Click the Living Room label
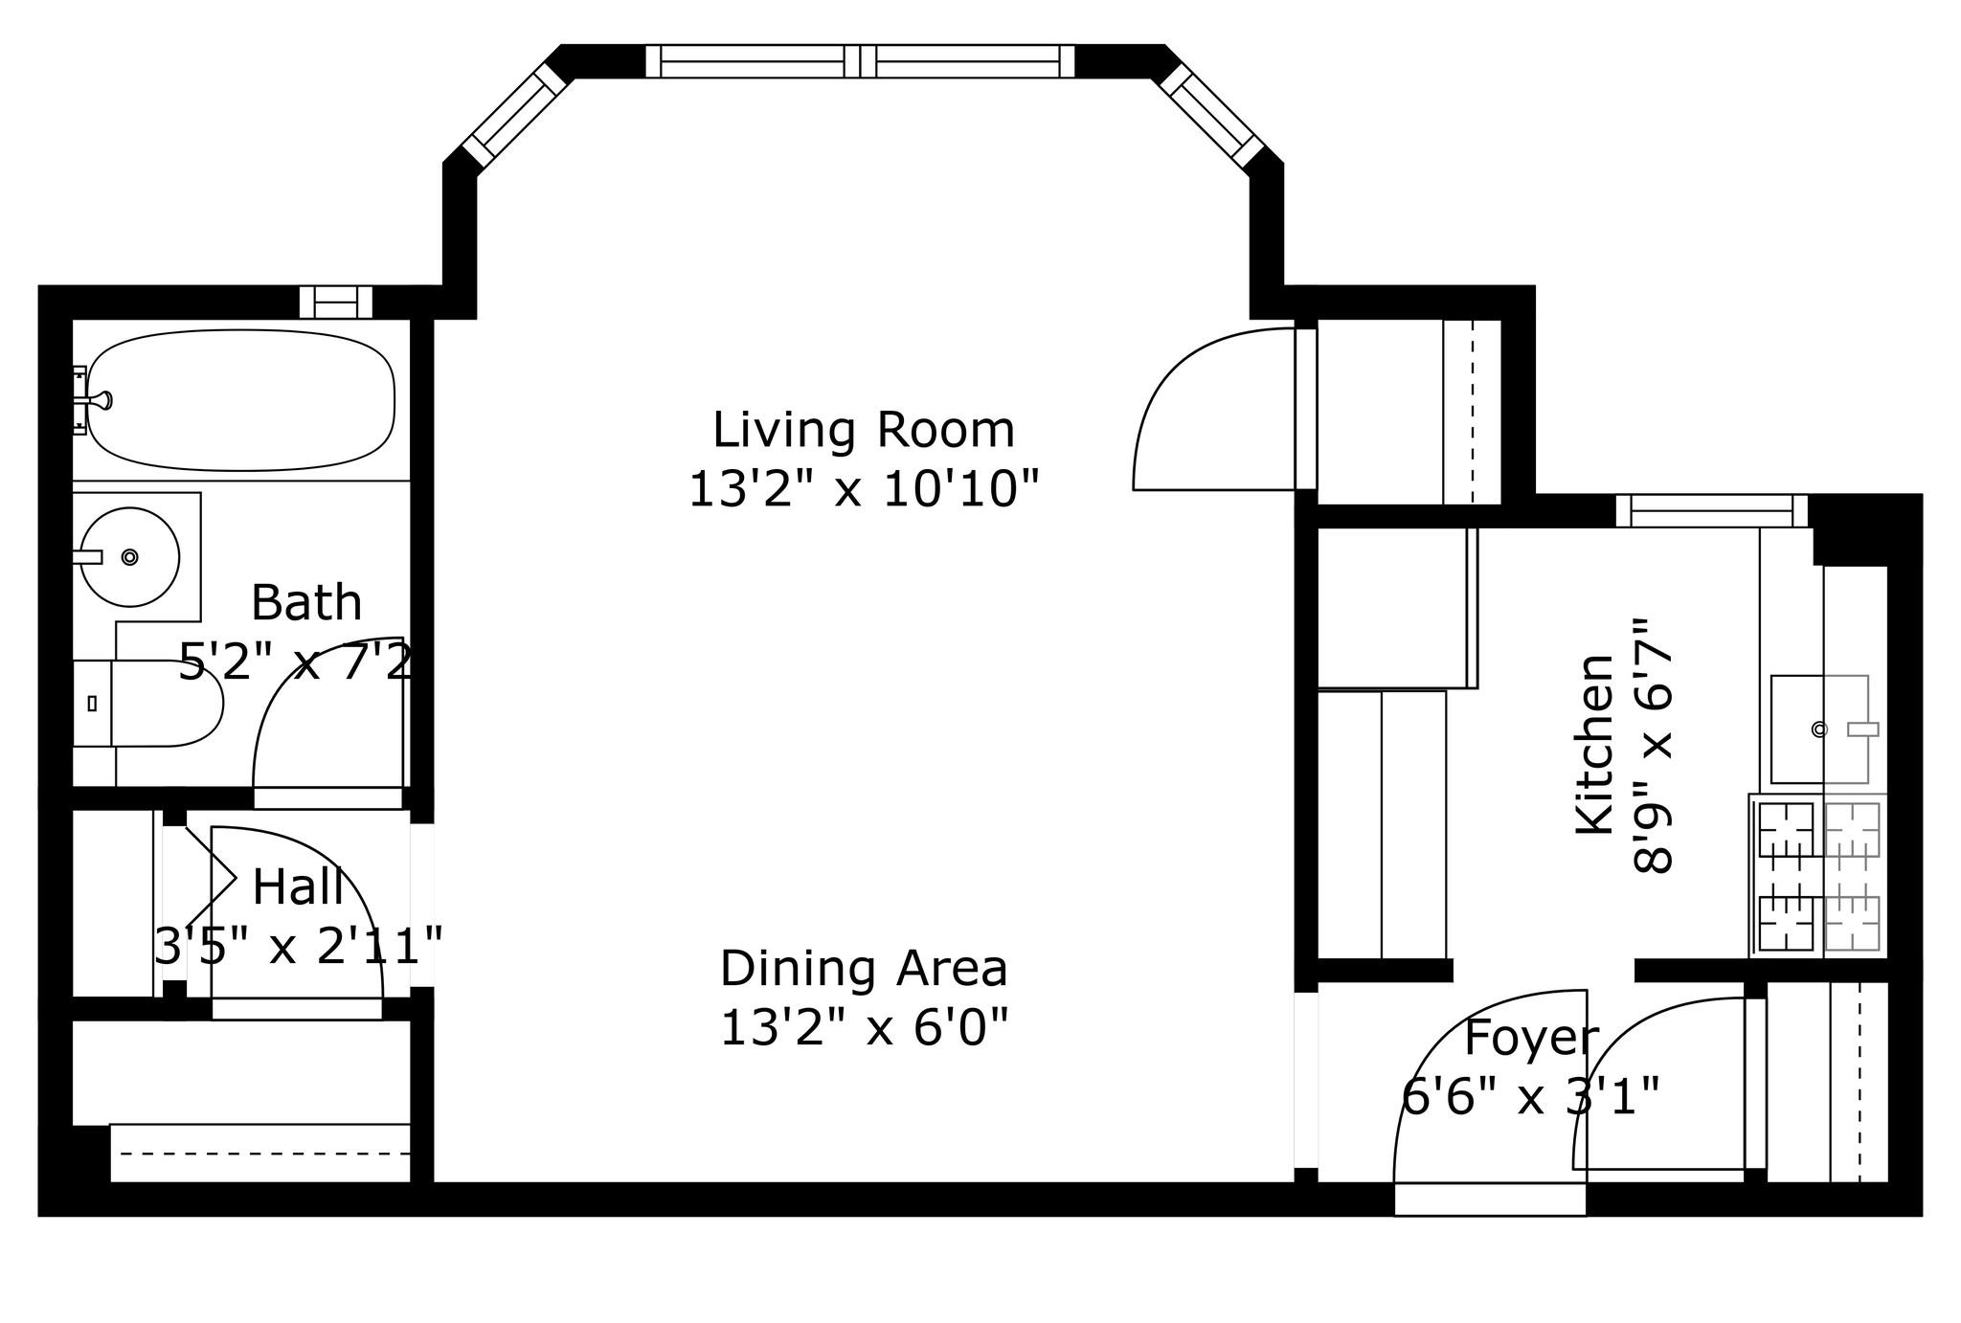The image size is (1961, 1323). pyautogui.click(x=864, y=430)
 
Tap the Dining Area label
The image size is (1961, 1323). pyautogui.click(x=864, y=969)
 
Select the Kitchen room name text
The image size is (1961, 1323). pyautogui.click(x=1595, y=744)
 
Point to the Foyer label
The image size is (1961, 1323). pyautogui.click(x=1531, y=1038)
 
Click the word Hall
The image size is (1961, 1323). pyautogui.click(x=298, y=886)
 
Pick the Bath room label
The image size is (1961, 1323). pyautogui.click(x=306, y=602)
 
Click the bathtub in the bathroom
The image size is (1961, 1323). pyautogui.click(x=239, y=400)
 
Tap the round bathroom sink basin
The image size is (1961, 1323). pyautogui.click(x=129, y=556)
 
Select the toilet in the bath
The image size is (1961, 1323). pyautogui.click(x=148, y=703)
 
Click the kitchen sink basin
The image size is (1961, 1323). pyautogui.click(x=1819, y=729)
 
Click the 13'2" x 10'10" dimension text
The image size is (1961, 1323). pyautogui.click(x=864, y=488)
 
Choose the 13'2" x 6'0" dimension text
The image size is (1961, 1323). pyautogui.click(x=864, y=1028)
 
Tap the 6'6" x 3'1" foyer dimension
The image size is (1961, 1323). pyautogui.click(x=1530, y=1096)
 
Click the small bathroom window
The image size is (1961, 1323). pyautogui.click(x=336, y=302)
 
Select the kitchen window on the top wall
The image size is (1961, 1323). pyautogui.click(x=1712, y=510)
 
